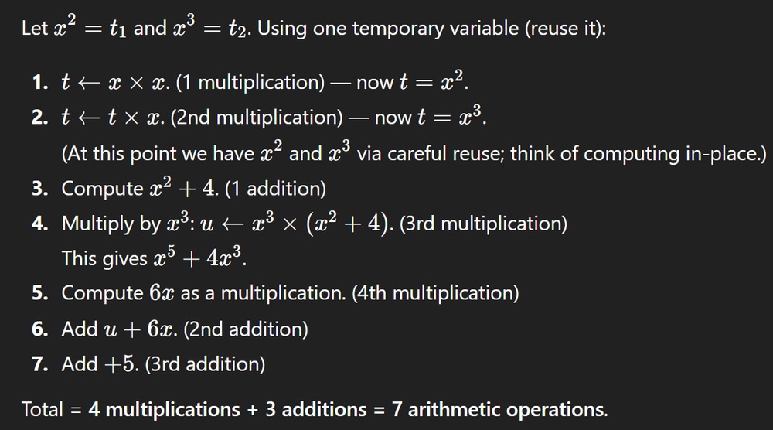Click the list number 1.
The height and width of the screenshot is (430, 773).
click(39, 82)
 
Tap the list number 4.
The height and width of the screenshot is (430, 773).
click(39, 224)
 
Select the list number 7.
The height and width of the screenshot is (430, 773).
click(39, 364)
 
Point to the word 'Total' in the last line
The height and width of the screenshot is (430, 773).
click(43, 409)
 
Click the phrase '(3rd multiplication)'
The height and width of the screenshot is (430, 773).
click(483, 224)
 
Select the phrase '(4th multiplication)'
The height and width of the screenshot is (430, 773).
click(435, 293)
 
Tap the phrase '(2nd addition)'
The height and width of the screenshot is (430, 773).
click(246, 329)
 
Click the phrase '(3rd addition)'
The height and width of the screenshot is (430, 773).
click(205, 364)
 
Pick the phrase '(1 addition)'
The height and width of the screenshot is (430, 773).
click(275, 189)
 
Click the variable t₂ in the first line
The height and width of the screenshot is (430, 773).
click(237, 29)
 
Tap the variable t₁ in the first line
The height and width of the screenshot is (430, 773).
click(117, 29)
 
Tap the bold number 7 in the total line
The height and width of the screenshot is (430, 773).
click(397, 409)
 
